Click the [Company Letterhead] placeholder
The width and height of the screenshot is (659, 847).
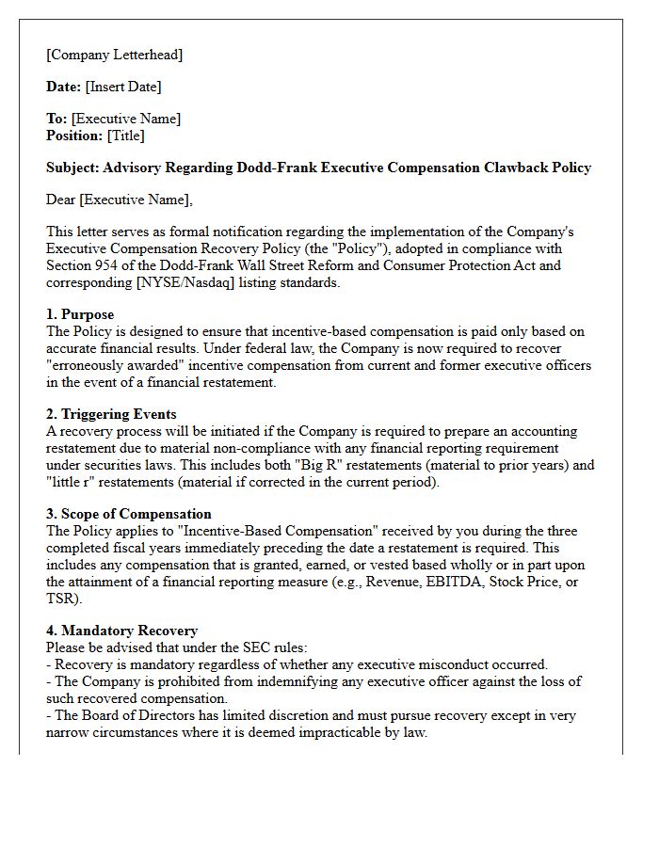tap(114, 55)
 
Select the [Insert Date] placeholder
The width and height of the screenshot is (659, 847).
tap(123, 87)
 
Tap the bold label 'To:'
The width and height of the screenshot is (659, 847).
tap(56, 119)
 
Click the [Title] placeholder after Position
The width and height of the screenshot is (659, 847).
tap(126, 136)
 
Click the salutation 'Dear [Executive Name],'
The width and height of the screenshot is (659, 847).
tap(119, 200)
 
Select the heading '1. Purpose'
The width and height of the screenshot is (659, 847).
tap(80, 314)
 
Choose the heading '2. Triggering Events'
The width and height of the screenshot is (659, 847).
tap(111, 414)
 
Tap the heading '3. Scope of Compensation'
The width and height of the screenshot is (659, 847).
tap(128, 514)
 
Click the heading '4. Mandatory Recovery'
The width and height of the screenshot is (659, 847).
tap(121, 631)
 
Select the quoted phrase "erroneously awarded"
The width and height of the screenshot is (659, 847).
tap(112, 365)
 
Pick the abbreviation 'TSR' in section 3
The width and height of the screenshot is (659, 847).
tap(64, 599)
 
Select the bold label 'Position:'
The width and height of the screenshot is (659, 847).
tap(74, 136)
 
